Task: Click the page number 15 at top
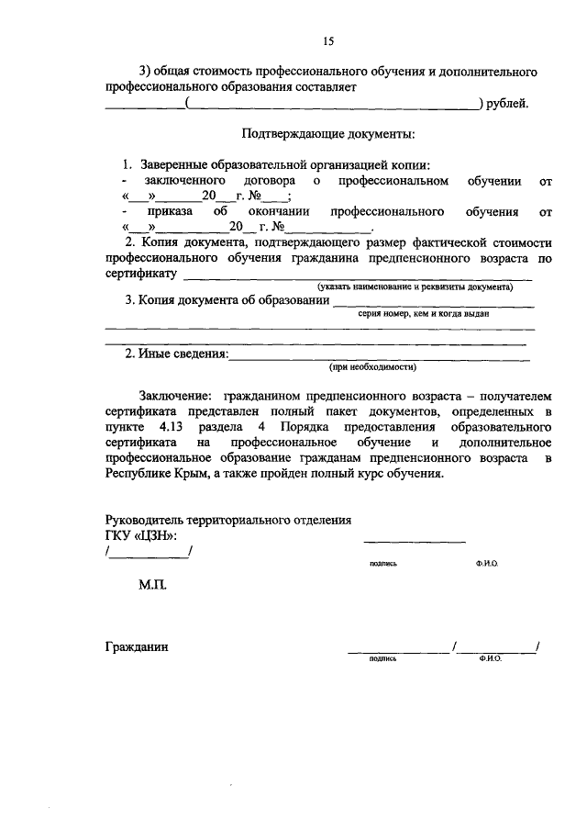click(x=327, y=40)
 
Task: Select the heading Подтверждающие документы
click(x=327, y=135)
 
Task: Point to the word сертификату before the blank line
click(x=140, y=274)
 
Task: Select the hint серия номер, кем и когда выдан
click(x=423, y=313)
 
